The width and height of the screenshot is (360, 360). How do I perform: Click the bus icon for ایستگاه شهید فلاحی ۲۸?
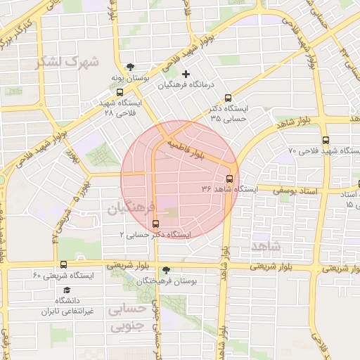pyautogui.click(x=120, y=91)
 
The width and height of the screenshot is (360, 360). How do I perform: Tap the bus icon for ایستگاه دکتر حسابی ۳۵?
pyautogui.click(x=227, y=98)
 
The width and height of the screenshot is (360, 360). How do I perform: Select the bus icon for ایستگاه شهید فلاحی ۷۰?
pyautogui.click(x=325, y=140)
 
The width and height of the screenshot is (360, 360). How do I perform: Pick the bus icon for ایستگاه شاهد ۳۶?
pyautogui.click(x=229, y=178)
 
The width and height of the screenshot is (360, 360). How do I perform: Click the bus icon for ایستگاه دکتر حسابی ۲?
pyautogui.click(x=156, y=224)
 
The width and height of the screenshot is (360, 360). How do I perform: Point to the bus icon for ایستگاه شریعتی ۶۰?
pyautogui.click(x=64, y=265)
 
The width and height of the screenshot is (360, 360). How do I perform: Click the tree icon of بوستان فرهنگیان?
pyautogui.click(x=166, y=269)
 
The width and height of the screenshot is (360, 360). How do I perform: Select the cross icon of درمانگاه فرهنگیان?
pyautogui.click(x=186, y=74)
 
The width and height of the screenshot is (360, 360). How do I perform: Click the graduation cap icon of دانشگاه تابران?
pyautogui.click(x=67, y=290)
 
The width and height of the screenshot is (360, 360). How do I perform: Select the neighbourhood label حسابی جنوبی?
pyautogui.click(x=128, y=317)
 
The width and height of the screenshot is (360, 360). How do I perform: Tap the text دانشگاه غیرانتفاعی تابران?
pyautogui.click(x=67, y=306)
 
